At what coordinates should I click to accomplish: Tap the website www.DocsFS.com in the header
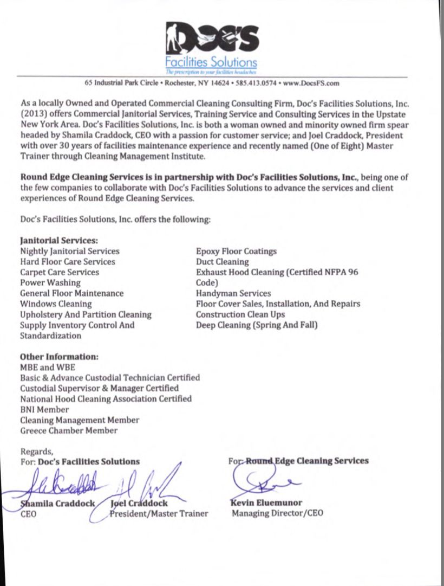click(311, 83)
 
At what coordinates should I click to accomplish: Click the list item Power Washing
click(50, 282)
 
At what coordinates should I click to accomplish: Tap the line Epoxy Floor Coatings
click(236, 251)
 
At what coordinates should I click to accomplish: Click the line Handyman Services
click(233, 293)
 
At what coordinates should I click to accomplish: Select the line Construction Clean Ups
click(240, 314)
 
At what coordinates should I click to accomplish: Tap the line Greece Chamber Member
click(69, 430)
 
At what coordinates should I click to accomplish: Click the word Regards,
click(37, 451)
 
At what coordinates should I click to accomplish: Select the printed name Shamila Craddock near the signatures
click(58, 503)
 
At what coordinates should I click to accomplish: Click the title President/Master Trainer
click(159, 513)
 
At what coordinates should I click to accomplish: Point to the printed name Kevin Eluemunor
click(266, 503)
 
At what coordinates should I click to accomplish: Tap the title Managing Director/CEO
click(277, 513)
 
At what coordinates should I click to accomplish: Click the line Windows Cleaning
click(56, 304)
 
